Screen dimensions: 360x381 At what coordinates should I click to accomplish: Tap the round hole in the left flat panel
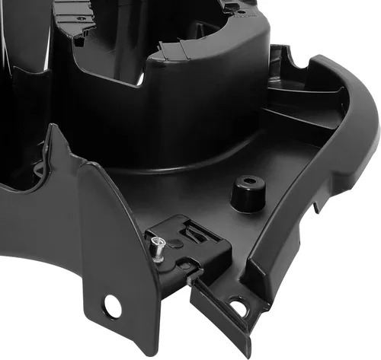coord(113,307)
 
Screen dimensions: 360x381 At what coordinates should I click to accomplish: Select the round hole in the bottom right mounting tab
coord(239,307)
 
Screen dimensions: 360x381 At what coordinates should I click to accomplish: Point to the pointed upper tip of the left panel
coord(53,129)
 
